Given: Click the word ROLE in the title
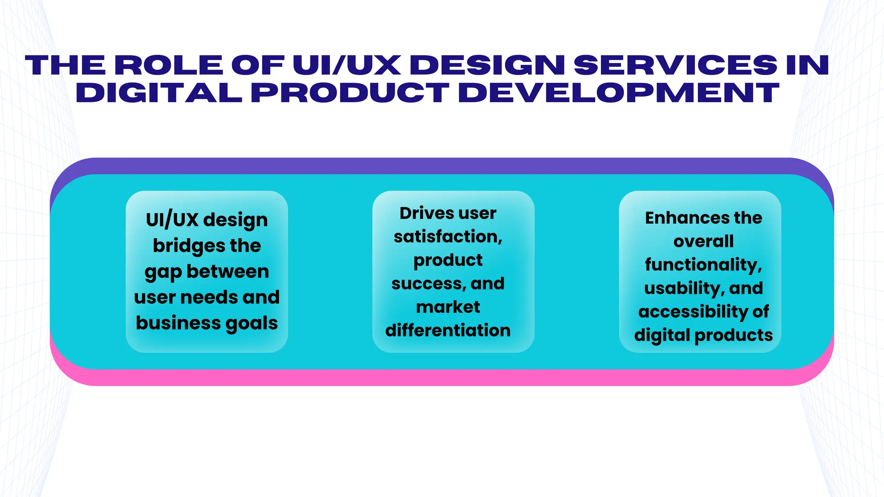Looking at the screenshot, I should [168, 65].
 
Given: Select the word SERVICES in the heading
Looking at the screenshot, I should [676, 65].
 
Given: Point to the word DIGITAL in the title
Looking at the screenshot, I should [159, 93].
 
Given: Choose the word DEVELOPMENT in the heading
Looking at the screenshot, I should [619, 93].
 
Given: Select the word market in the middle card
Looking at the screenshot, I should [448, 307].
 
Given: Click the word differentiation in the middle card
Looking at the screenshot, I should [448, 330].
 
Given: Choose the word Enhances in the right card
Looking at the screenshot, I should [680, 218].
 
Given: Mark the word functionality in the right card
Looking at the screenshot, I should [702, 265].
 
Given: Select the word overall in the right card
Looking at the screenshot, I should [704, 241].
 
